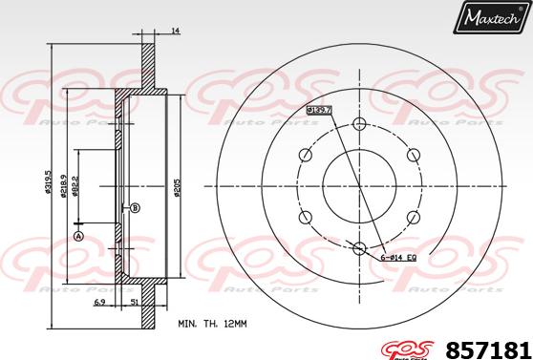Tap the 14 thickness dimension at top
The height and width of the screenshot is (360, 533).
[x=175, y=32]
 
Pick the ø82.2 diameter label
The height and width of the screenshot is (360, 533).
[x=76, y=185]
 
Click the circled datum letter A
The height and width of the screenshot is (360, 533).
[x=78, y=236]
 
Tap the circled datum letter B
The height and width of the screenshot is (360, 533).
[x=135, y=208]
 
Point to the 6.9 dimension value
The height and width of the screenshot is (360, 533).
[x=100, y=302]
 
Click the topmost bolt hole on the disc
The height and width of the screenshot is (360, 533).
[x=359, y=124]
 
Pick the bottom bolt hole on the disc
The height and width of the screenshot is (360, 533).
[x=359, y=250]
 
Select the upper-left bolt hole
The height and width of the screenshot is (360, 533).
[x=305, y=156]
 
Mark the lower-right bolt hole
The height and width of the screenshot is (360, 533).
[x=414, y=219]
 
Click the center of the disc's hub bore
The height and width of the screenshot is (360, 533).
[x=359, y=187]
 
